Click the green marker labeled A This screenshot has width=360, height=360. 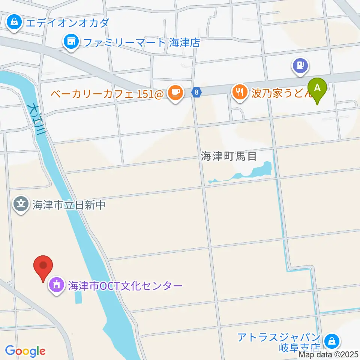pyautogui.click(x=317, y=88)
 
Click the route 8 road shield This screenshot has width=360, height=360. pyautogui.click(x=196, y=91)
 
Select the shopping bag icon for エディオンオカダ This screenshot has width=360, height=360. pyautogui.click(x=14, y=22)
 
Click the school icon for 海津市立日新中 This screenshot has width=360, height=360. pyautogui.click(x=21, y=204)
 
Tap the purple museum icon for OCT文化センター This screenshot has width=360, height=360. pyautogui.click(x=56, y=286)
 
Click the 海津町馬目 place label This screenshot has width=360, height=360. pyautogui.click(x=229, y=156)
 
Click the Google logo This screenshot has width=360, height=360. pyautogui.click(x=25, y=351)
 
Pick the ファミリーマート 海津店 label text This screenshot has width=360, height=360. pyautogui.click(x=141, y=42)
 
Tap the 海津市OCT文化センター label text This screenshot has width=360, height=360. pyautogui.click(x=125, y=286)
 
